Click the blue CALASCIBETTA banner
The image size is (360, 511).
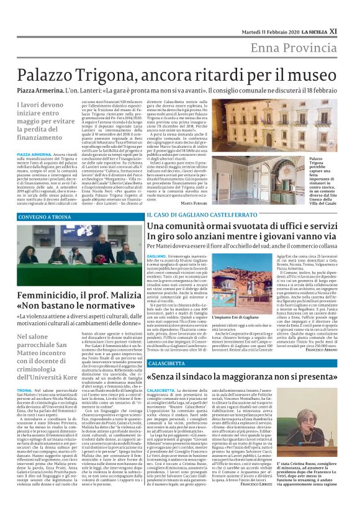167,362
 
